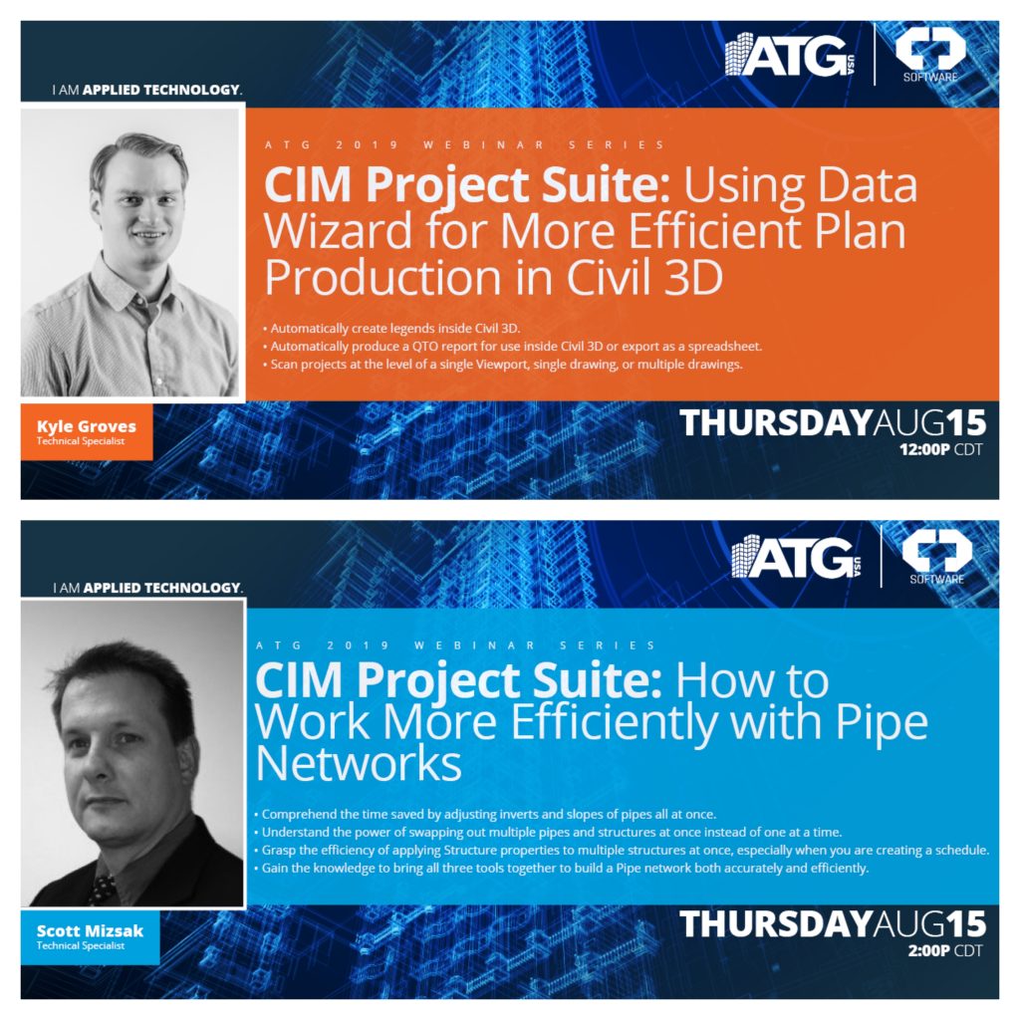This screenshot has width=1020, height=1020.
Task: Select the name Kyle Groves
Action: [x=87, y=426]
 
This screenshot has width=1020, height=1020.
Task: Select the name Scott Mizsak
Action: [x=90, y=931]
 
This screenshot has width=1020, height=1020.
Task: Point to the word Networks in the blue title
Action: [x=359, y=764]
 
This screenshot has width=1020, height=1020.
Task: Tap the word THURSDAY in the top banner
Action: [x=775, y=423]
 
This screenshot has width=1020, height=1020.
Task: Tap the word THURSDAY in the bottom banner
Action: [x=775, y=923]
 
